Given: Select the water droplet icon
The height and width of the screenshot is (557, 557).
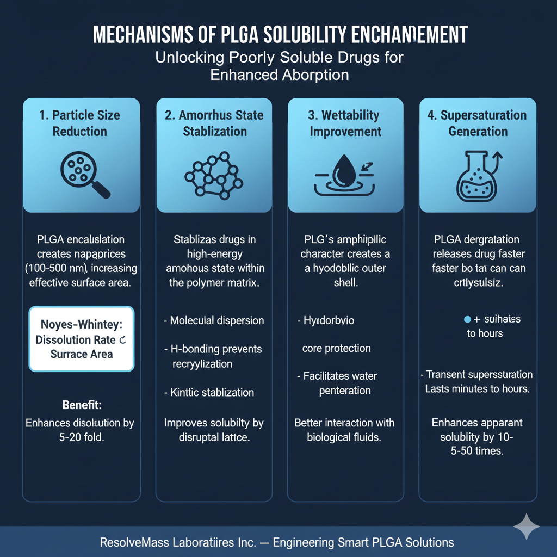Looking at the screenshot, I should [x=345, y=174].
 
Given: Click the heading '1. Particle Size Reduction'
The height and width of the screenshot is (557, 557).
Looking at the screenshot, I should [x=80, y=123].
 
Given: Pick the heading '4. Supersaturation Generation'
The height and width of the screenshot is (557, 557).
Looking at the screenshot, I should [x=477, y=123].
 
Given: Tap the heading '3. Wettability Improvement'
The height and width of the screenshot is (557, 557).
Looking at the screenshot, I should [x=345, y=123].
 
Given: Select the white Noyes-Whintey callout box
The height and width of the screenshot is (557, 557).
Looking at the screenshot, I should [x=81, y=339].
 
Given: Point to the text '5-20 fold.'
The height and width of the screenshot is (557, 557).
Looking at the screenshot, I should [x=80, y=437].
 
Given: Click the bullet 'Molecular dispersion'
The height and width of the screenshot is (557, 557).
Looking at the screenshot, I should [x=215, y=320].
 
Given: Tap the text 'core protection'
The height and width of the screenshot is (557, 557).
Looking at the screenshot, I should [x=336, y=348].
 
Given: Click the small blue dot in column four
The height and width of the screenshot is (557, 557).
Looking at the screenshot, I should [x=466, y=319].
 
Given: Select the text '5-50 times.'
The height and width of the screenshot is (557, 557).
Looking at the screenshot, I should [x=477, y=451].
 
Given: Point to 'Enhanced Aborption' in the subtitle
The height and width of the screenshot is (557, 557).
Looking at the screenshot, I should [x=279, y=75].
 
